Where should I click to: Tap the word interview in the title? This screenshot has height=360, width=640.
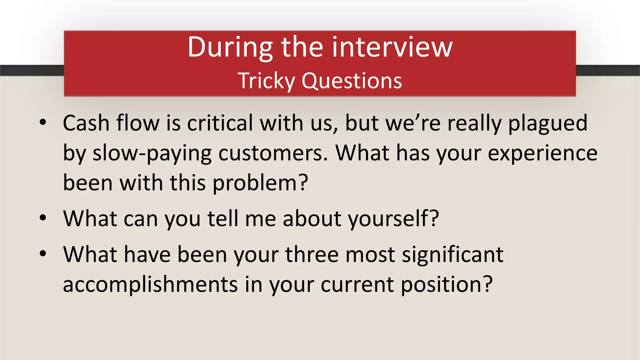392,47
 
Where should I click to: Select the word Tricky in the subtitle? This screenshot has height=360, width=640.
266,81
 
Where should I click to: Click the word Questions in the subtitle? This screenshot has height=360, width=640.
352,81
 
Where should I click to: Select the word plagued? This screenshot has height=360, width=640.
548,123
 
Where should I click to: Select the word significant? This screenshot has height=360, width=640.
452,254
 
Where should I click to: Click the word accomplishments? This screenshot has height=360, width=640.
150,284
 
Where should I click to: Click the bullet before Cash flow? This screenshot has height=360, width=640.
43,122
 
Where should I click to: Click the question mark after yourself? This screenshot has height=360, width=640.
434,218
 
